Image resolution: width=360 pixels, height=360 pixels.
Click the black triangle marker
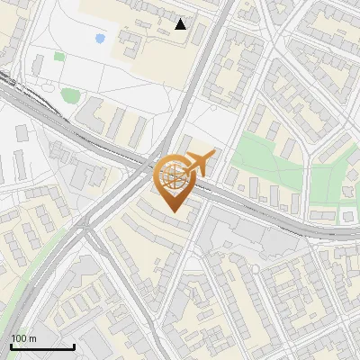[181, 23]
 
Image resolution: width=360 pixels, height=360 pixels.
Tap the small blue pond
[99, 39]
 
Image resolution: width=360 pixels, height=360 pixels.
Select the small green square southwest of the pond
[59, 56]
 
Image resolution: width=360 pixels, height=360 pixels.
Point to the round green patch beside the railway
[70, 94]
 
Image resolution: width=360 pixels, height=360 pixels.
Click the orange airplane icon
[200, 163]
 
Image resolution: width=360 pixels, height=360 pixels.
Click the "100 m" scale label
[23, 338]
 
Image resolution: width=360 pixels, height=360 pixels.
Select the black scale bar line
[42, 346]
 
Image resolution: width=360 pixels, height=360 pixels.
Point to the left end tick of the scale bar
[11, 345]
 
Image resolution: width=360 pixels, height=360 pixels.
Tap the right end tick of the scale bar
[74, 345]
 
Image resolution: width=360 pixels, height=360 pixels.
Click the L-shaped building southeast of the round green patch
[93, 115]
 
